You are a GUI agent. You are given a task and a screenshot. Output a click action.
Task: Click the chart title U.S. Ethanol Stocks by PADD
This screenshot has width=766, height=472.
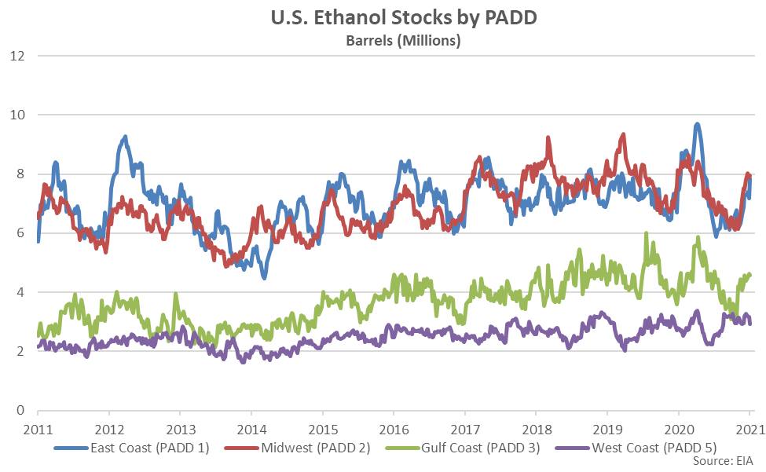(x=402, y=18)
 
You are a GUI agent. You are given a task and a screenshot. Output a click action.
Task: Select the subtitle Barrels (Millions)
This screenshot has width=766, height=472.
(x=402, y=40)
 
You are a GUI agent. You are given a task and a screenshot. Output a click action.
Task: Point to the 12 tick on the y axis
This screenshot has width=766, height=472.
(x=18, y=56)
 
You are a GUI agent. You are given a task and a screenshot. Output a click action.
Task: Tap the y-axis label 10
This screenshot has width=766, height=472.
(x=18, y=115)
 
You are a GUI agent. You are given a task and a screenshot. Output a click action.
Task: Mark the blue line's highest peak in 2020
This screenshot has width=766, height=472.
(x=697, y=124)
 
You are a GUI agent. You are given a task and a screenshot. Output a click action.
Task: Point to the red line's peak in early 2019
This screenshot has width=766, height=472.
(x=623, y=134)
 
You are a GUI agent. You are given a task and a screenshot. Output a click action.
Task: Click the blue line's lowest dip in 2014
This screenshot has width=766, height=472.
(x=264, y=276)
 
